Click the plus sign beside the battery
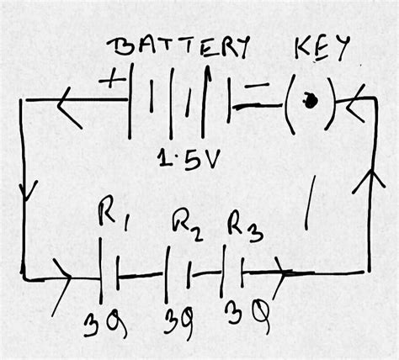click(111, 82)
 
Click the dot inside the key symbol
click(311, 101)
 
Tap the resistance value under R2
click(179, 321)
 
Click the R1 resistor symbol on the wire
click(106, 273)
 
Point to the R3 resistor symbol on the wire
click(232, 273)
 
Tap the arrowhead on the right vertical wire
click(367, 179)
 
